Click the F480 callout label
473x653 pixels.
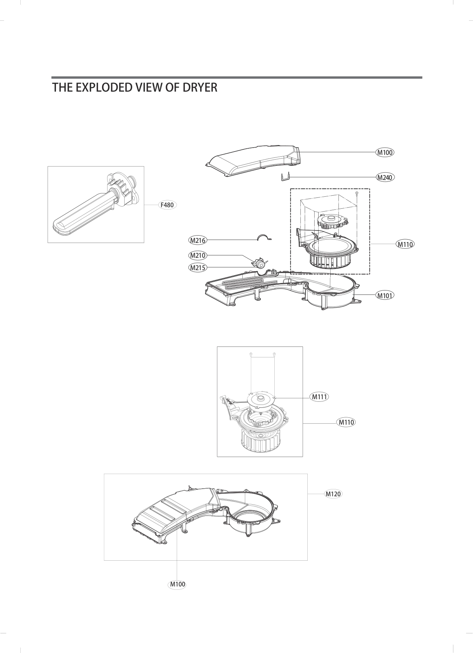[167, 205]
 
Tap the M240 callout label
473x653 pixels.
[385, 177]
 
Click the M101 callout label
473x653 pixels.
[385, 295]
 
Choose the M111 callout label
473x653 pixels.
[320, 397]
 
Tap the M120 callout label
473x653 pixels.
[333, 494]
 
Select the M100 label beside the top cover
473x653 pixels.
[385, 152]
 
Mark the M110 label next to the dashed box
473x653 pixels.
[405, 244]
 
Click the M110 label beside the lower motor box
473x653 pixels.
[346, 422]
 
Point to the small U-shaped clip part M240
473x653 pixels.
[285, 177]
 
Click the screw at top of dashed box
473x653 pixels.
[357, 193]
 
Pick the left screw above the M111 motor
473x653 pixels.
[251, 354]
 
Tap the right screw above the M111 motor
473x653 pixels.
[274, 354]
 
